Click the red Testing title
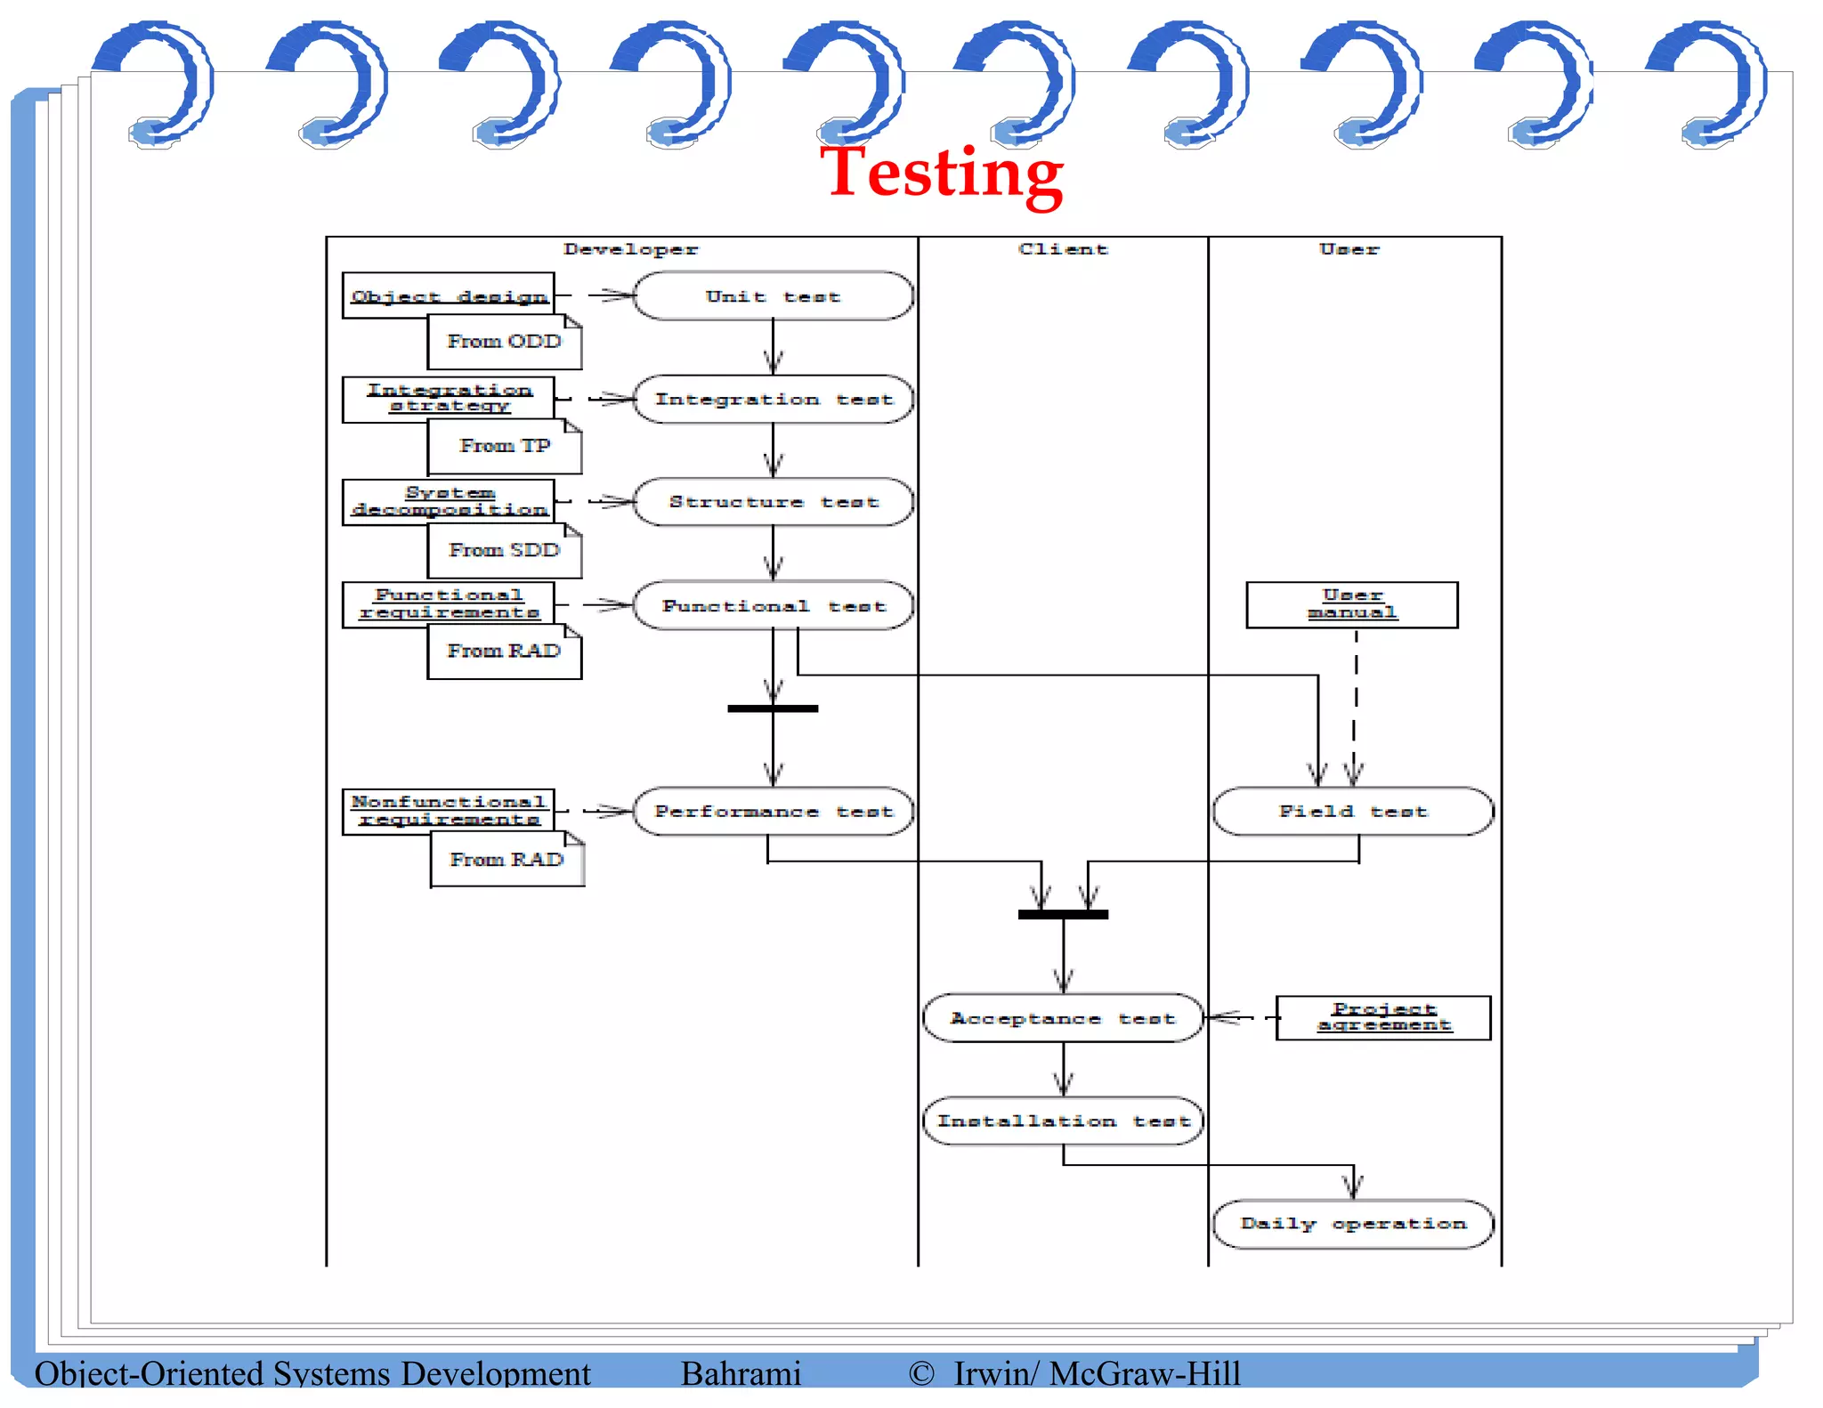tap(941, 174)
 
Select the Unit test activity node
tap(773, 296)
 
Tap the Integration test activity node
tap(773, 400)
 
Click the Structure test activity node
tap(773, 502)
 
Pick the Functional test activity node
tap(773, 606)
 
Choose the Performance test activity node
tap(773, 812)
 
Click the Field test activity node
tap(1352, 812)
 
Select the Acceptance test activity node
tap(1063, 1018)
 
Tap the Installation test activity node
tap(1063, 1121)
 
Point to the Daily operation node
tap(1352, 1224)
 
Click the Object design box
tap(449, 295)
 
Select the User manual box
tap(1351, 605)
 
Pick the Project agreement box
tap(1383, 1017)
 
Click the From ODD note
tap(504, 342)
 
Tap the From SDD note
tap(504, 550)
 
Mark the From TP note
tap(504, 446)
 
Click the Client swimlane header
tap(1063, 250)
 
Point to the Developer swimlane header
tap(630, 250)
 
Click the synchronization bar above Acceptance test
tap(1063, 914)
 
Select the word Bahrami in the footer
tap(741, 1373)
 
